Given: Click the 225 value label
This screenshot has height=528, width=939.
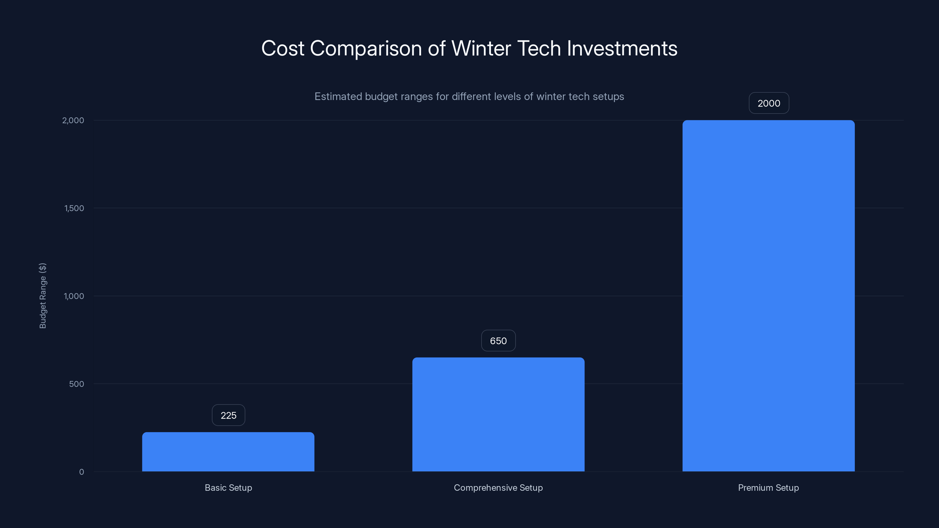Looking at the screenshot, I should coord(229,415).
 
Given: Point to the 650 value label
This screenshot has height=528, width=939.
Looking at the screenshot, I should coord(498,341).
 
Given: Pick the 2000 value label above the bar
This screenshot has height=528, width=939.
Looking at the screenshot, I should coord(769,104).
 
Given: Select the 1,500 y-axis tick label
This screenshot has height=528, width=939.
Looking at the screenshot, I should coord(74,208).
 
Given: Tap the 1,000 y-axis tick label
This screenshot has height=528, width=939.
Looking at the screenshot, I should coord(74,296).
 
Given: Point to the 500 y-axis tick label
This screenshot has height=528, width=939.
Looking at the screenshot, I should coord(77,384).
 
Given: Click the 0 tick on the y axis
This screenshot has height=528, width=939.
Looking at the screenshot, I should coord(82,472).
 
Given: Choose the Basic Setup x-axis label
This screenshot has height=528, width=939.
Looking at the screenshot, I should coord(228,488).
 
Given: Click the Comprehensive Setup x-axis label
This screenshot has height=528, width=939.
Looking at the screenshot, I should coord(498,488).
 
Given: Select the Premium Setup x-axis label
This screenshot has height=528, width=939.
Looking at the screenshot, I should coord(769,488).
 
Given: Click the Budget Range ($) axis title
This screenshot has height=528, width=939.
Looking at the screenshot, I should coord(43,295).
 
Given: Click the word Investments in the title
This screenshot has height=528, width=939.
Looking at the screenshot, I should coord(622,48).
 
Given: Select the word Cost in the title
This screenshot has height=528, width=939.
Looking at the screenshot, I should coord(283,48).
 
